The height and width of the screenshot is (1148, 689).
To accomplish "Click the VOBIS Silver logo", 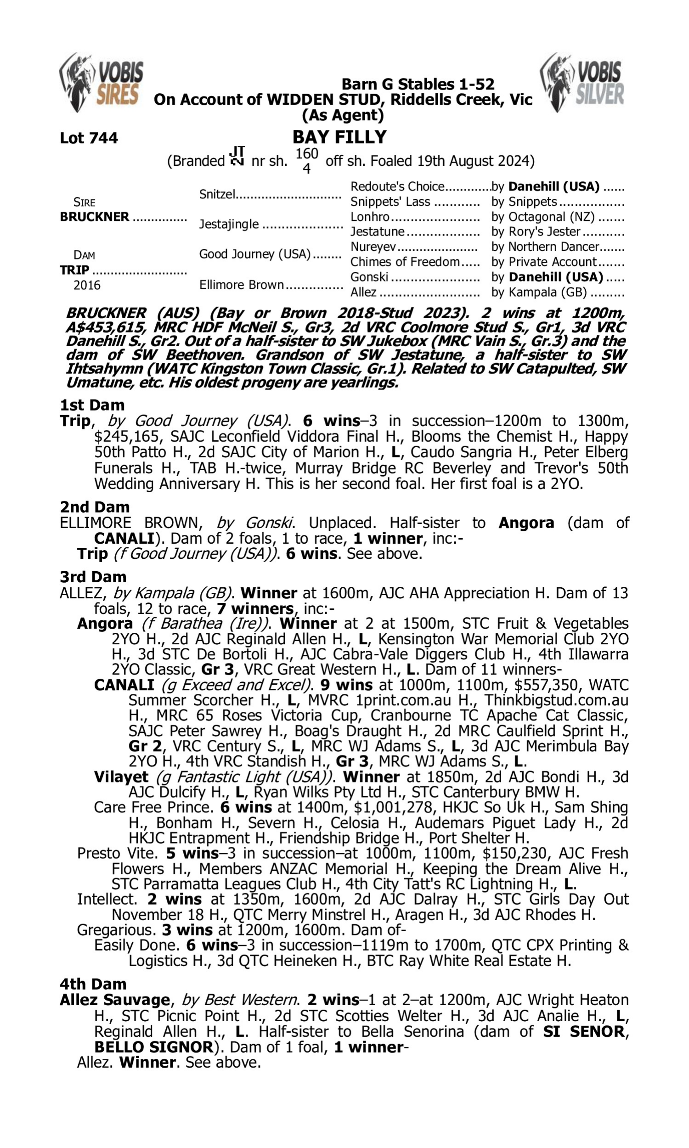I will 582,82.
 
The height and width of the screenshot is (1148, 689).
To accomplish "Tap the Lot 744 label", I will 89,138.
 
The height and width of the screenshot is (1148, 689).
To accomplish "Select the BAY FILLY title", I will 339,137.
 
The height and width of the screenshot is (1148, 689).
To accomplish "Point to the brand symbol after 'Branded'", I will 237,157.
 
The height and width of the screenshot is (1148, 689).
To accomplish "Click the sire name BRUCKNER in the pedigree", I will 95,217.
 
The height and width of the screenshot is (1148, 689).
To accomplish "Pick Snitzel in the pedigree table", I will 217,194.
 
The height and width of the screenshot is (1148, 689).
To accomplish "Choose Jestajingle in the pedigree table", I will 229,224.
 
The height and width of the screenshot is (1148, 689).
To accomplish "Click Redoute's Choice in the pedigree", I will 397,186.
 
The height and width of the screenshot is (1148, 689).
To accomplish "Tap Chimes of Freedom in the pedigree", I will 405,262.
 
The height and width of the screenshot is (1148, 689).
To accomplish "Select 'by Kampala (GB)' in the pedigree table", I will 539,293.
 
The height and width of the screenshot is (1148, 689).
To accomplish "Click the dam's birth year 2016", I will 87,285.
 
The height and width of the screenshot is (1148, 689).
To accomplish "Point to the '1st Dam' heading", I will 92,405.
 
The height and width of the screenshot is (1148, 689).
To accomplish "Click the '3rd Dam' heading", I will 93,577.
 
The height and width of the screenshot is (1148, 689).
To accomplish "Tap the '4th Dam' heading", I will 93,984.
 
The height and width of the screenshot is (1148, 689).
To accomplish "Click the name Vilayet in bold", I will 121,777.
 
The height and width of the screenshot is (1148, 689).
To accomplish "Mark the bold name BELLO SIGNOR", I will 153,1047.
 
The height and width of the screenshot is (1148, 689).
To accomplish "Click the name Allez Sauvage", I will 115,1000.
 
